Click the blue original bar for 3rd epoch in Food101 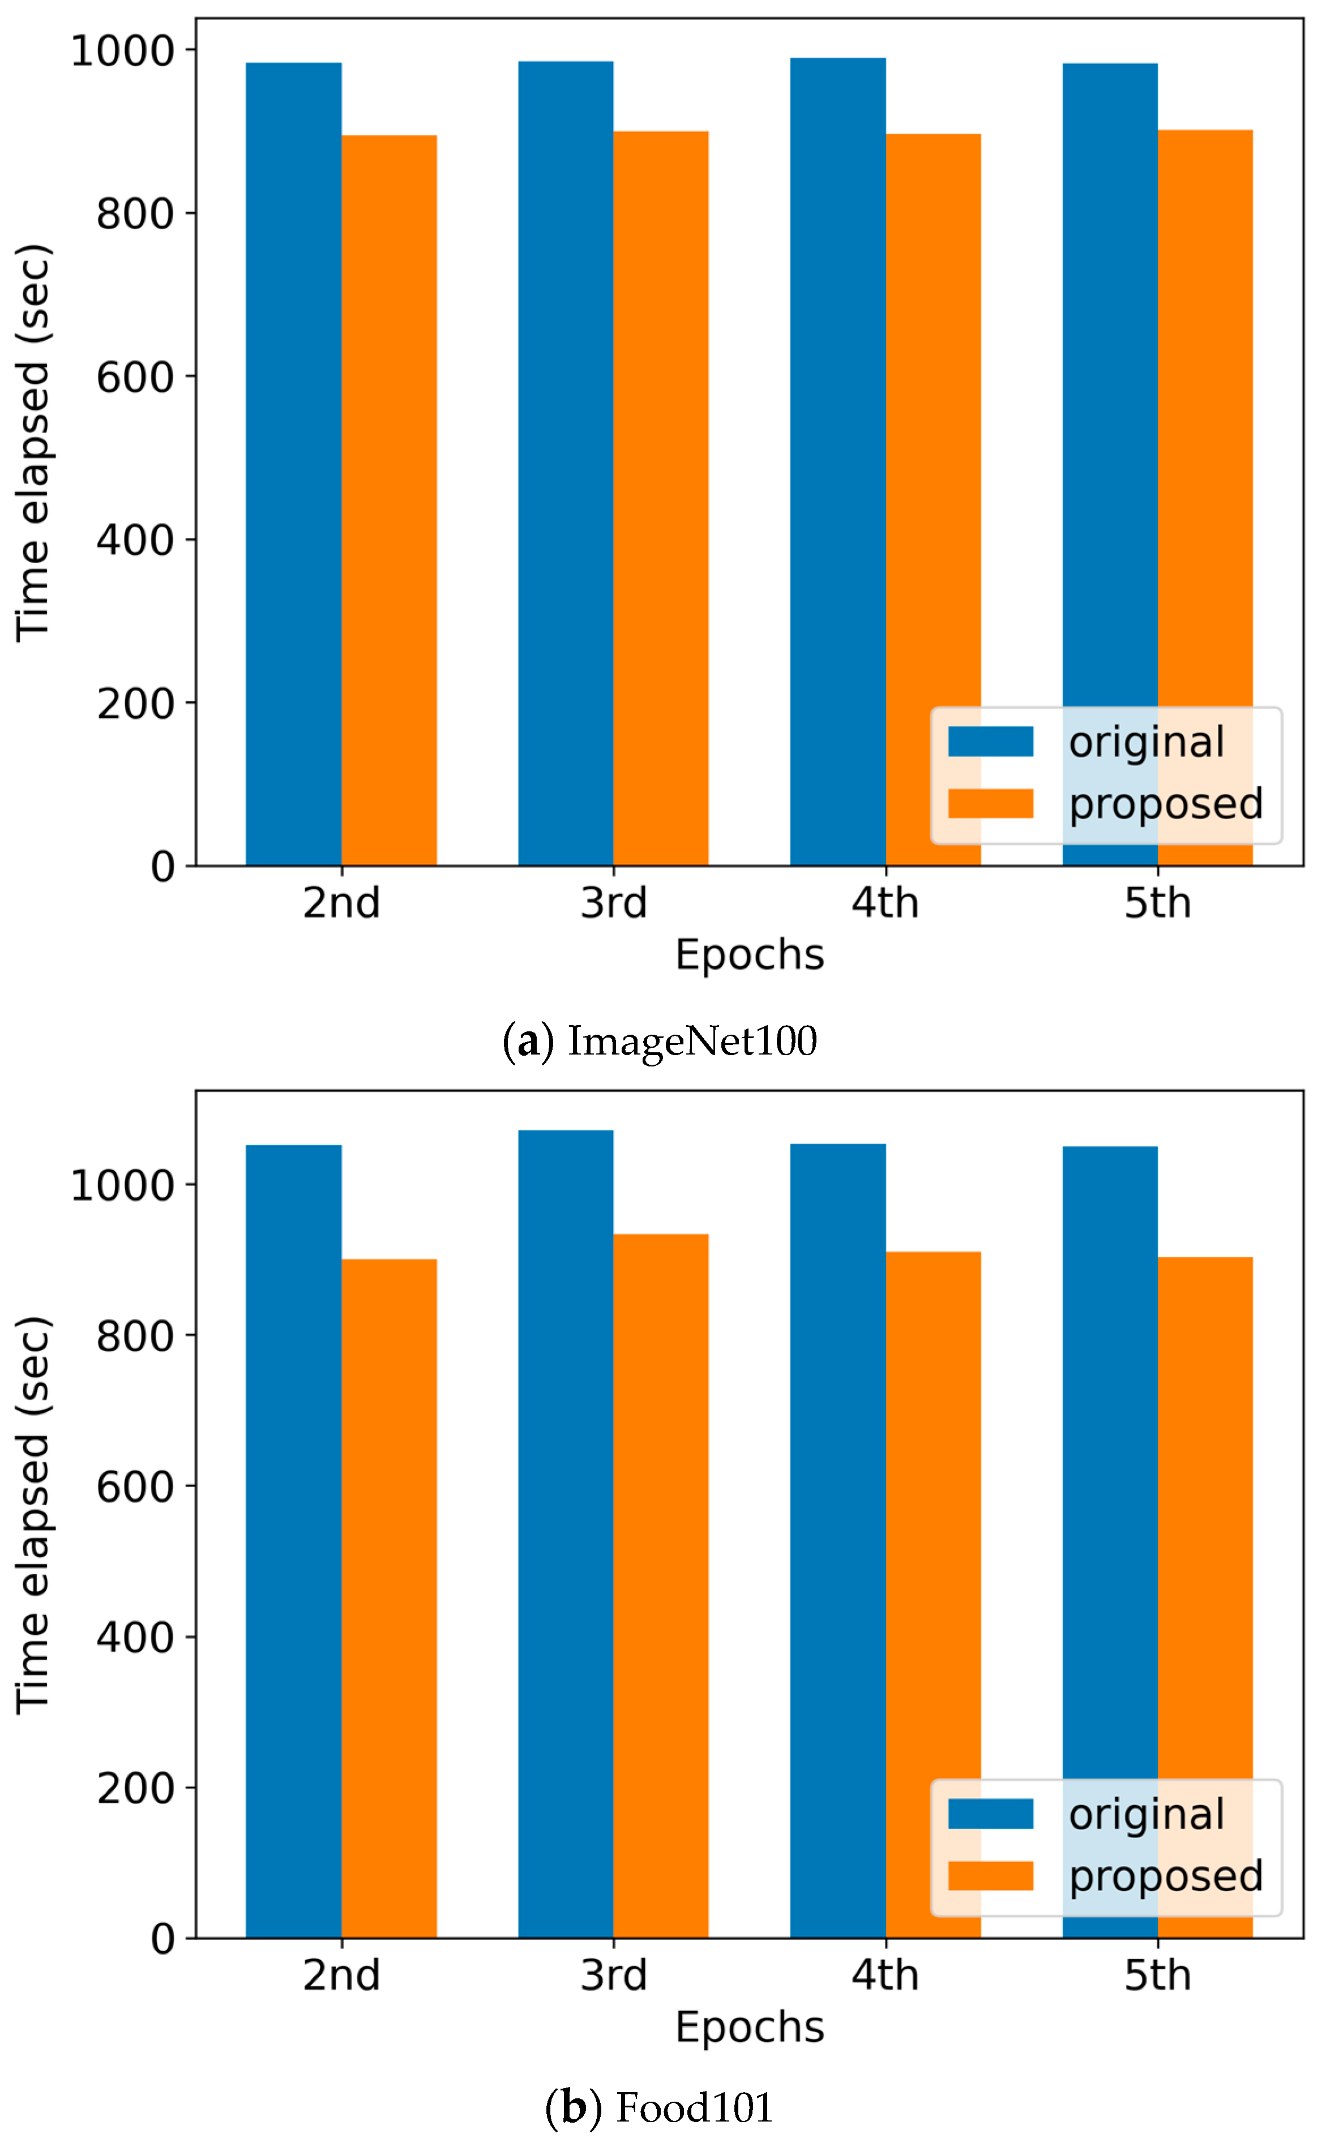tap(566, 1534)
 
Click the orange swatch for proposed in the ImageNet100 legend tap(990, 803)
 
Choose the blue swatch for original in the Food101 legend tap(990, 1814)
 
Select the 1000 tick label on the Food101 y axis tap(122, 1185)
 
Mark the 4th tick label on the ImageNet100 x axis tap(885, 903)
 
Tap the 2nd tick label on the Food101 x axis tap(341, 1975)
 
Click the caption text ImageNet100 tap(692, 1040)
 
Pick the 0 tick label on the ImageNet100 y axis tap(162, 867)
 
